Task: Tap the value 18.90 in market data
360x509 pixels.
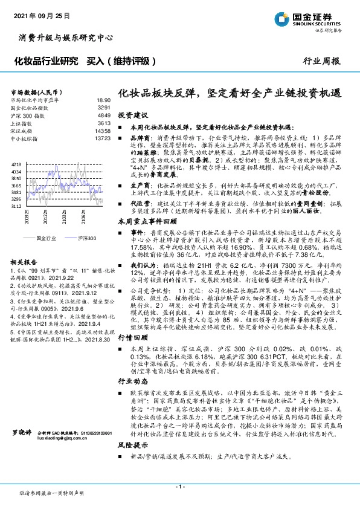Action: click(x=103, y=100)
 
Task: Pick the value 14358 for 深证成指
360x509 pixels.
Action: click(x=103, y=131)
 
